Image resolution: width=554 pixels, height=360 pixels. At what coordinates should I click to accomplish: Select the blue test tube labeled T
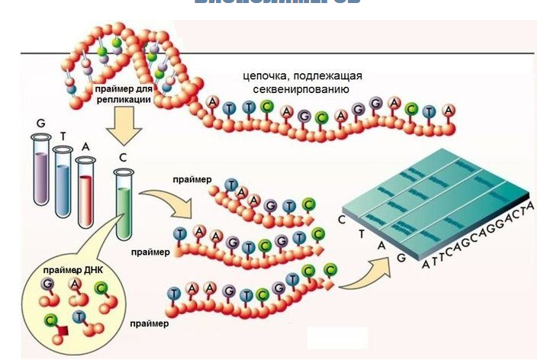(x=63, y=183)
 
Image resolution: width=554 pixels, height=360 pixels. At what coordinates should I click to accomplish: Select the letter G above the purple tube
(x=40, y=122)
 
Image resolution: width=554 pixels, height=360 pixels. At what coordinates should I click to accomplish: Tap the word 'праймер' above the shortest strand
(x=188, y=179)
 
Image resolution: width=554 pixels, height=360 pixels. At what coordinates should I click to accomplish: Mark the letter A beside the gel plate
(x=380, y=245)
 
